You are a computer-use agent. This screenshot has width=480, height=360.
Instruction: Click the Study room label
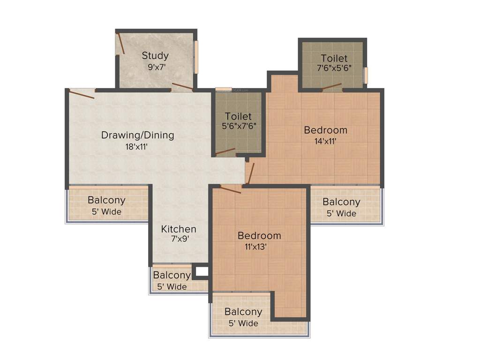coord(155,56)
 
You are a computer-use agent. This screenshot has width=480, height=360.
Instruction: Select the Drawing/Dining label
coord(138,135)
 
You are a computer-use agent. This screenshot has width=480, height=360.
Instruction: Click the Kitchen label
coord(179,229)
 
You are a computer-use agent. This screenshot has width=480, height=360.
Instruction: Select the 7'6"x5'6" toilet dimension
coord(334,68)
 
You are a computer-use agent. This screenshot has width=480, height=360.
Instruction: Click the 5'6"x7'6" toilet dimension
coord(239,126)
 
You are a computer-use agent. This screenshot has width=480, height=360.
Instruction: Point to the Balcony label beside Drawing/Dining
coord(106,200)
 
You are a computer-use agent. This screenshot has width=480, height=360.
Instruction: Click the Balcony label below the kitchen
coord(172,275)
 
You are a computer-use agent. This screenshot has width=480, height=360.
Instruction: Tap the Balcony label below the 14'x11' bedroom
coord(341,202)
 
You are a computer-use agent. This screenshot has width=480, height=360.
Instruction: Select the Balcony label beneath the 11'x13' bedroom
coord(243,312)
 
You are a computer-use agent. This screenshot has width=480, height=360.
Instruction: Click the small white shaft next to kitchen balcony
coord(202,271)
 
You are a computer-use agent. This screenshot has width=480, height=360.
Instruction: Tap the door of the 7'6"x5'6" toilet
coord(331,86)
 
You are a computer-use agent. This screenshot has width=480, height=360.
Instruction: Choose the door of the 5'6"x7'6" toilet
coord(225,151)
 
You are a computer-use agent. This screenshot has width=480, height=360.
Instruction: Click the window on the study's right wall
coord(196,57)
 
